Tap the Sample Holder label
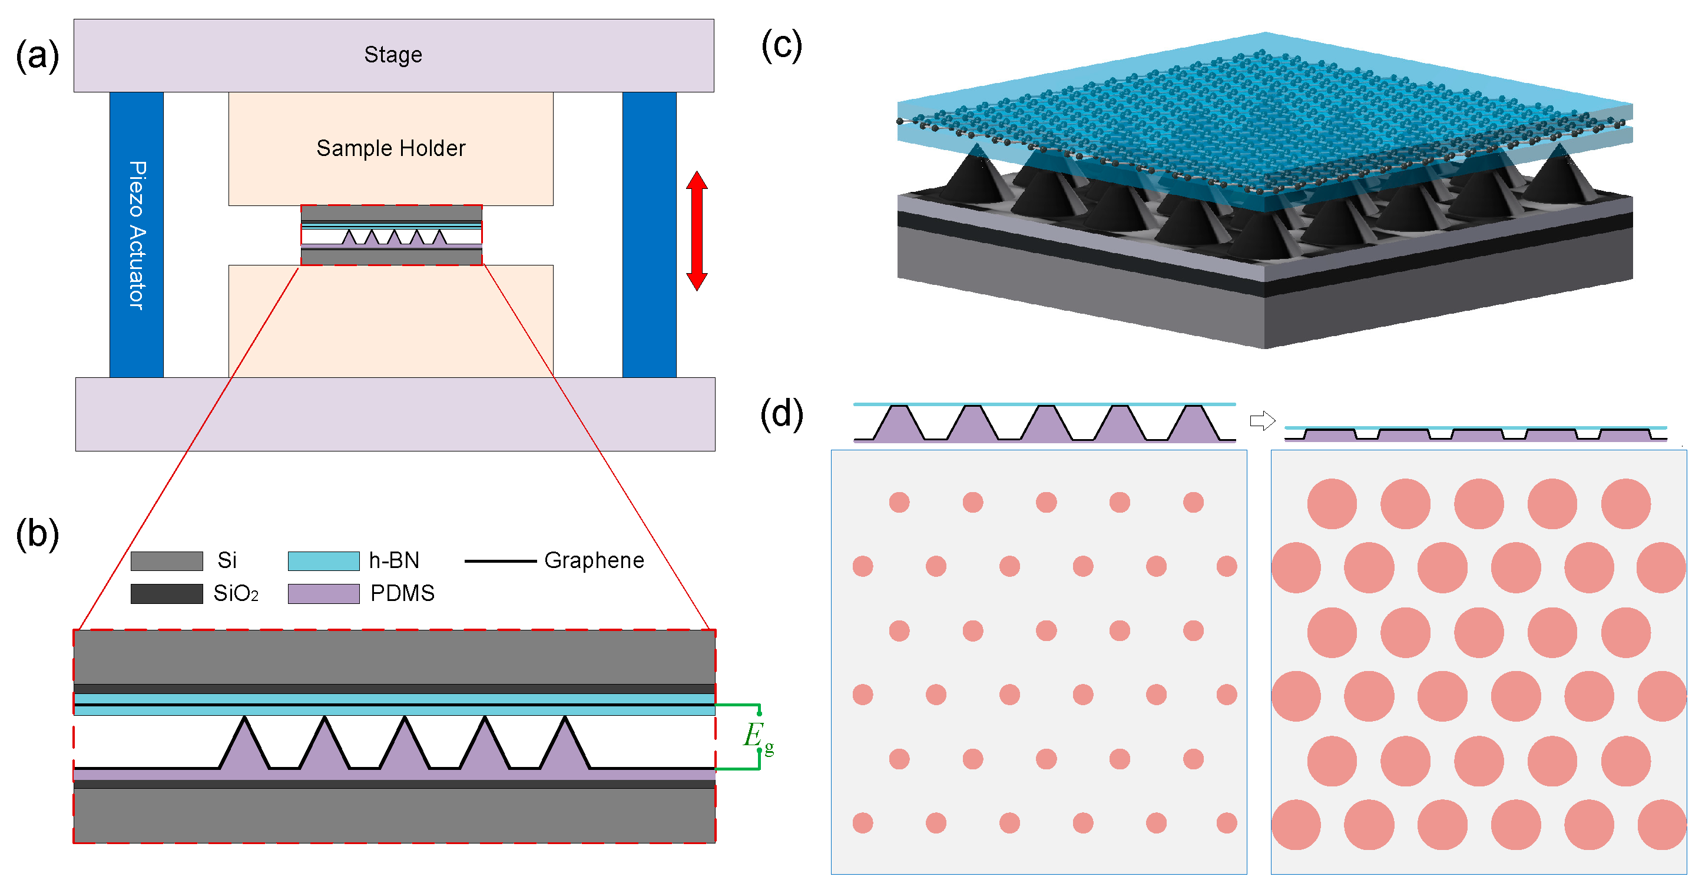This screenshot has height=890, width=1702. click(390, 148)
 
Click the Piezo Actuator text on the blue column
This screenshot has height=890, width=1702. click(137, 235)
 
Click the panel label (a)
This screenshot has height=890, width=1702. click(37, 56)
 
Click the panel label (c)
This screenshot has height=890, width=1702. click(782, 47)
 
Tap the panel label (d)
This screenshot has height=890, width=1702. click(782, 414)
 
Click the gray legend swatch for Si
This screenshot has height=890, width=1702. click(167, 560)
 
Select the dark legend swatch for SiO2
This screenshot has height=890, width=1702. click(167, 593)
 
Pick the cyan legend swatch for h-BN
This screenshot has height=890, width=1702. click(323, 560)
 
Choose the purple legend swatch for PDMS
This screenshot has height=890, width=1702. click(323, 593)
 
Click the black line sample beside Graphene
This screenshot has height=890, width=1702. click(500, 561)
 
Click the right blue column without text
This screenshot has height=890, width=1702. click(649, 234)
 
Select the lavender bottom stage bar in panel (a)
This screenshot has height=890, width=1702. click(395, 414)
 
